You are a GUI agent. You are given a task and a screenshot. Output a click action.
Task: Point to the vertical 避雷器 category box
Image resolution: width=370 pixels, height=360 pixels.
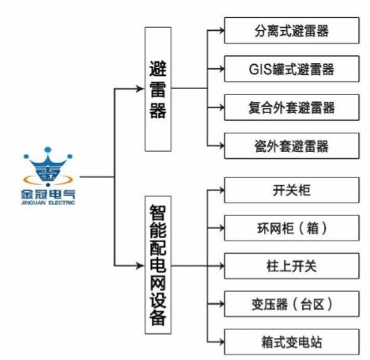[x=158, y=88]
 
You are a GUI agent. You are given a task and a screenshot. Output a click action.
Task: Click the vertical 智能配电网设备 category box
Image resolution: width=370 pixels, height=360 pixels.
[x=158, y=265]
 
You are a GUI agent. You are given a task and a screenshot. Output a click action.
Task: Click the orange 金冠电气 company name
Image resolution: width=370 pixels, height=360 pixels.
[x=49, y=192]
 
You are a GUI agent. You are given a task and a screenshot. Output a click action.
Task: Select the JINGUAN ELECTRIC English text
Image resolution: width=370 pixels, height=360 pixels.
[x=49, y=203]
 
